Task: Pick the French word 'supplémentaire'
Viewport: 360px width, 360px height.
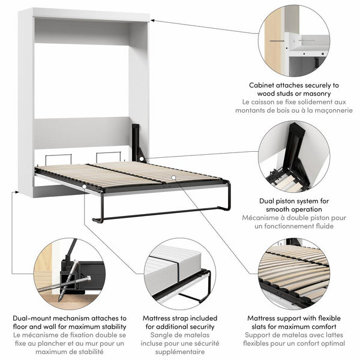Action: point(179,354)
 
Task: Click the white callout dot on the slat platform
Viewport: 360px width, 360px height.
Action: point(172,178)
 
